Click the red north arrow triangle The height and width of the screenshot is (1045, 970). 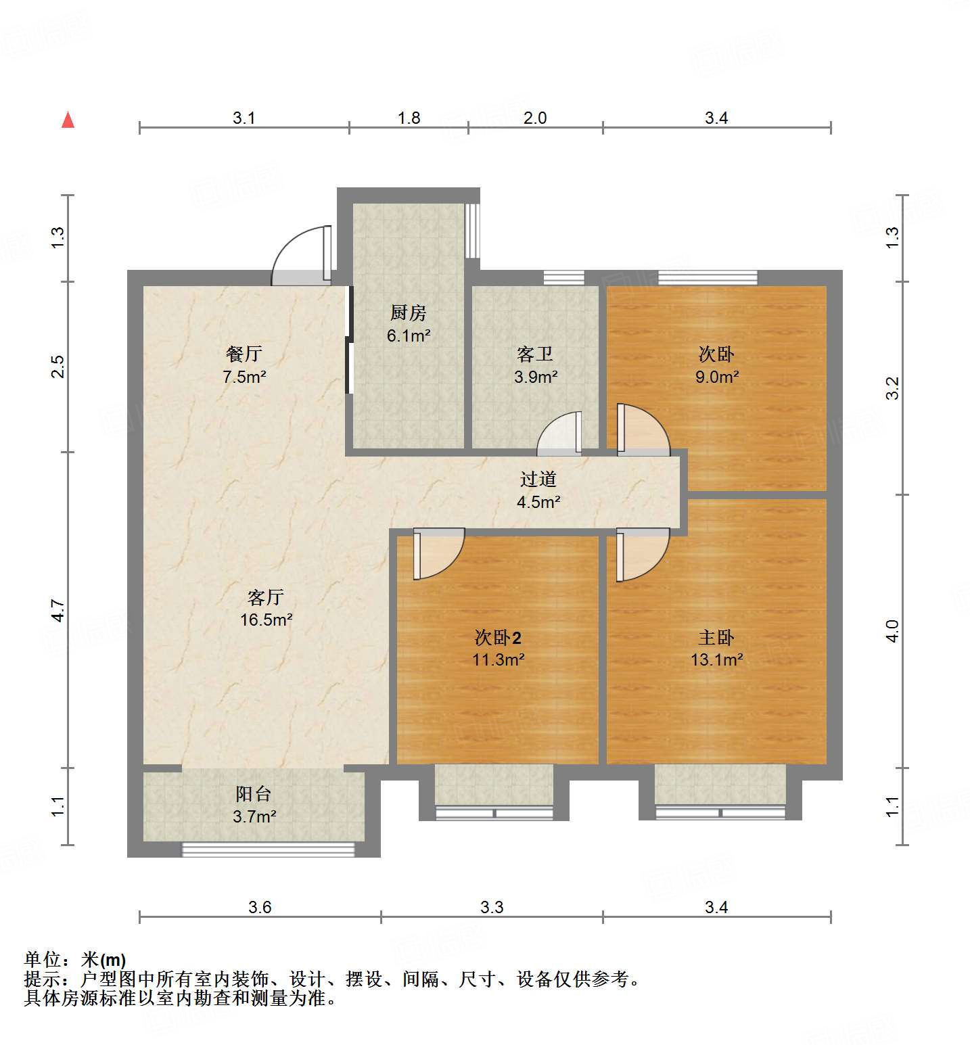68,120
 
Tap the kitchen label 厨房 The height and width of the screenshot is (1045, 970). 408,313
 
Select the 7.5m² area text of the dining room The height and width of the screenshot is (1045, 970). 244,377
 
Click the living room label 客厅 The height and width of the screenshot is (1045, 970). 265,597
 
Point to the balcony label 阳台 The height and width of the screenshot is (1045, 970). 254,794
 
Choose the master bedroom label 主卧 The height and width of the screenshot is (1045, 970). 716,637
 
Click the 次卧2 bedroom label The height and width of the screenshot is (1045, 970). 498,637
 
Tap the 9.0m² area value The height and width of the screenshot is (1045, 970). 717,377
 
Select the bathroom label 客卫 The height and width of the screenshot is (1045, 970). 535,354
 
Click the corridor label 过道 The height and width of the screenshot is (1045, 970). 538,480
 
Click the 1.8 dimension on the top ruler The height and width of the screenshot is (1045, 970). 409,118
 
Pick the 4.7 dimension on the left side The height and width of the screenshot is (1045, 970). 59,611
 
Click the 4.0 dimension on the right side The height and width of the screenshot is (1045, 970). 892,631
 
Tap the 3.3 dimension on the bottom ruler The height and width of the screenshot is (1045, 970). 492,907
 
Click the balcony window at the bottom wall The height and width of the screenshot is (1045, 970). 269,850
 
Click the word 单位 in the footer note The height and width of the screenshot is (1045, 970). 43,959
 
